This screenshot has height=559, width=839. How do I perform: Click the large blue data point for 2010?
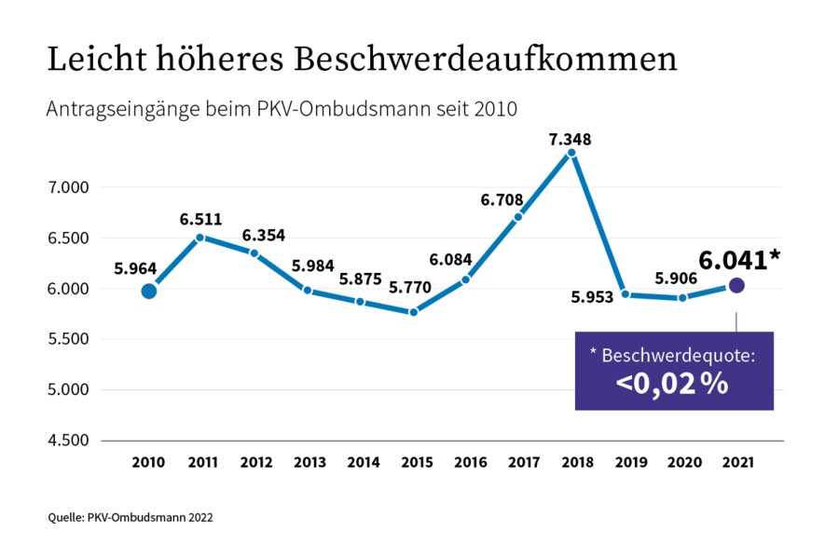(x=148, y=292)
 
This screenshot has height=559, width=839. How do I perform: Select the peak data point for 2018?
(x=572, y=153)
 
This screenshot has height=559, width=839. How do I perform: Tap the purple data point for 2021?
(x=736, y=285)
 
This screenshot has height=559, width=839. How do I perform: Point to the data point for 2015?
(x=414, y=312)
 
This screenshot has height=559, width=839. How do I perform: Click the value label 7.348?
(x=571, y=140)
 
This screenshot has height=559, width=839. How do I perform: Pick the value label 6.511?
(x=201, y=220)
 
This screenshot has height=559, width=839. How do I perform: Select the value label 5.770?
(x=411, y=289)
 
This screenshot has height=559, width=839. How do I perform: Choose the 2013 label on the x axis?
(x=308, y=461)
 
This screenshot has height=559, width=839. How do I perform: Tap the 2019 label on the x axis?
(x=629, y=461)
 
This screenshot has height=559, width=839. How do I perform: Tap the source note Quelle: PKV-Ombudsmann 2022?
(x=131, y=515)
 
